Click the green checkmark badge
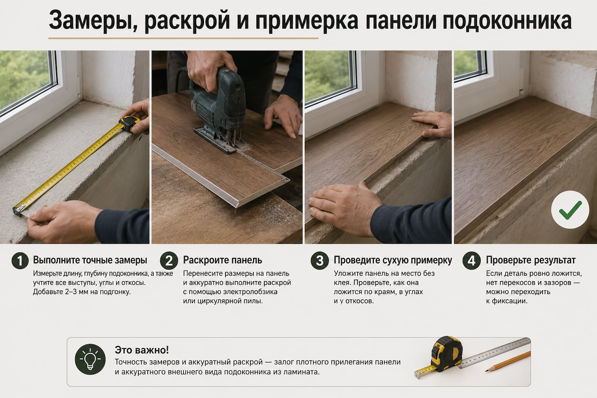(x=570, y=210)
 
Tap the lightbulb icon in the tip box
(x=90, y=359)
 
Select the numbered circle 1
(x=20, y=260)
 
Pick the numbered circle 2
(x=169, y=260)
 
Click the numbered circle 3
(x=320, y=260)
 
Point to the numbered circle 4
(x=471, y=260)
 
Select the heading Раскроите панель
(x=223, y=260)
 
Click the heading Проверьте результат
(x=531, y=260)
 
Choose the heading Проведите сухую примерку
(x=393, y=260)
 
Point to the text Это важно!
(x=142, y=350)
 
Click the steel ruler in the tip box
(x=494, y=353)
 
